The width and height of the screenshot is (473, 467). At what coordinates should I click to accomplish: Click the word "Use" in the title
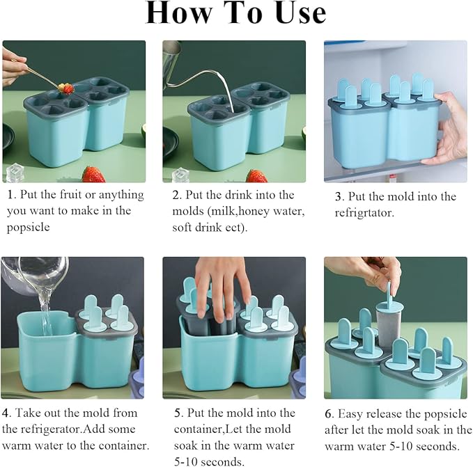click(301, 13)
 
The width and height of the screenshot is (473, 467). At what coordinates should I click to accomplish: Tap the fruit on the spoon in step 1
click(66, 88)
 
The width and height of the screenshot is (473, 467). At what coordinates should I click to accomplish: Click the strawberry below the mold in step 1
click(93, 174)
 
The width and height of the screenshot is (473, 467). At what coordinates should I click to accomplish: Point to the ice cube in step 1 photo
click(15, 173)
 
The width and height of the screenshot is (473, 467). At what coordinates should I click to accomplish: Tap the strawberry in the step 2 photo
click(256, 176)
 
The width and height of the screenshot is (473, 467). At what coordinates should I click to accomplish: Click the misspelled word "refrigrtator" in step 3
click(364, 213)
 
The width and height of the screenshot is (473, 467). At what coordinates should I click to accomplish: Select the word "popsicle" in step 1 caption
click(29, 227)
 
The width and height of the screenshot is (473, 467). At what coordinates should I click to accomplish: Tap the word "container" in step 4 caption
click(122, 445)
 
